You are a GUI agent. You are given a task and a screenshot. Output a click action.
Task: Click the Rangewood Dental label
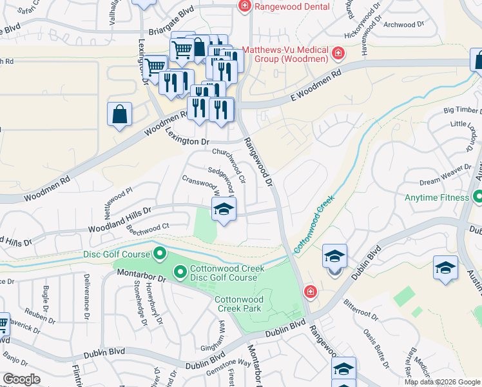coord(293,6)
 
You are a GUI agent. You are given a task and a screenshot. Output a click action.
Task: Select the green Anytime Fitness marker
coord(477,195)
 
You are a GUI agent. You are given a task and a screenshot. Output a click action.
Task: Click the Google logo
coord(21,379)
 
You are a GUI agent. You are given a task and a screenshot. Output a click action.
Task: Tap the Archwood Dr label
coord(404,24)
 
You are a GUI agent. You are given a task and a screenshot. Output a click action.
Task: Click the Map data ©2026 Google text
coord(442,382)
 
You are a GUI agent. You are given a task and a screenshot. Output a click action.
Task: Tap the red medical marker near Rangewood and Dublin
coord(310,292)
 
